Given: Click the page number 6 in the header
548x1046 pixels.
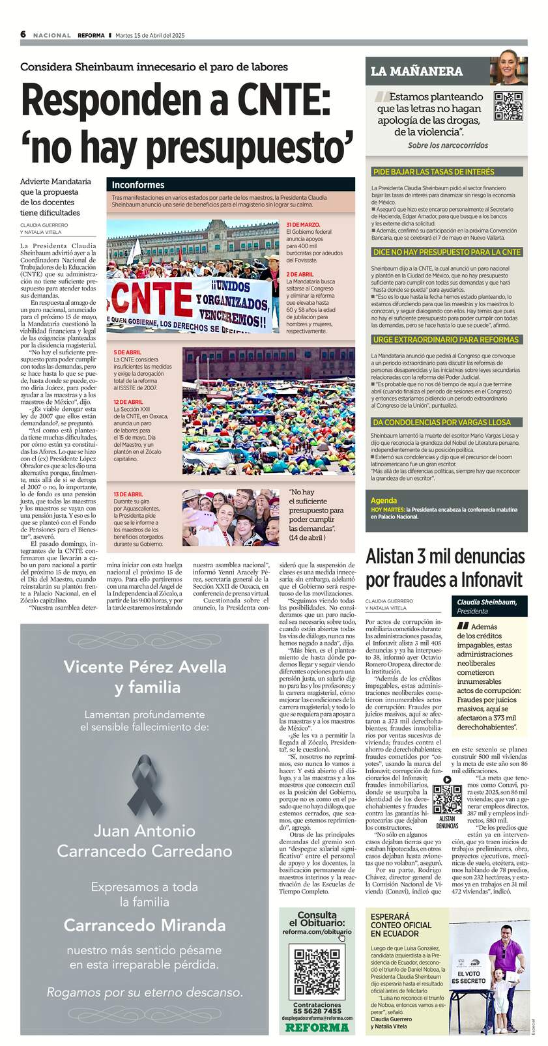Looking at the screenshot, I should [x=23, y=35].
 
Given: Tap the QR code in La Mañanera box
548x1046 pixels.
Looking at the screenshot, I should [x=508, y=106].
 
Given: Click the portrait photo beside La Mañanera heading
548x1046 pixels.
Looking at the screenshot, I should [x=508, y=71].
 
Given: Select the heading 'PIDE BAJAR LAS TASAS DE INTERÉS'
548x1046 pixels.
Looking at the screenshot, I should [x=433, y=172].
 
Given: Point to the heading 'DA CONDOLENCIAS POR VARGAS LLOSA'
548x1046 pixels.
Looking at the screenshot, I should [x=441, y=422].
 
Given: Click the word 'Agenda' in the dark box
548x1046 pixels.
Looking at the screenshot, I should [x=384, y=501].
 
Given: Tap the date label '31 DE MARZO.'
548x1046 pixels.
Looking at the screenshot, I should [x=303, y=224].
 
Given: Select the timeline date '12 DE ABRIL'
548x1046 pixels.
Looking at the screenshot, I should [x=128, y=402].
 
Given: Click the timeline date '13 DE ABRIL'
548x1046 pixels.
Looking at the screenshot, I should [x=128, y=494].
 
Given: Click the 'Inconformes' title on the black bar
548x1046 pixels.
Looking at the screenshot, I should [x=138, y=185].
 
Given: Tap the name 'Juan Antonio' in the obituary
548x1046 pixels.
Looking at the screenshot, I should [x=144, y=830].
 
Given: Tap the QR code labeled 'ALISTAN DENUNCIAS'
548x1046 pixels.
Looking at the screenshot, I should [x=447, y=800].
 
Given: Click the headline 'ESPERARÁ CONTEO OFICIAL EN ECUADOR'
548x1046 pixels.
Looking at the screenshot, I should [x=401, y=925].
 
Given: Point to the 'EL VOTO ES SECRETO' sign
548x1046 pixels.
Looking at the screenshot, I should [x=469, y=977].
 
